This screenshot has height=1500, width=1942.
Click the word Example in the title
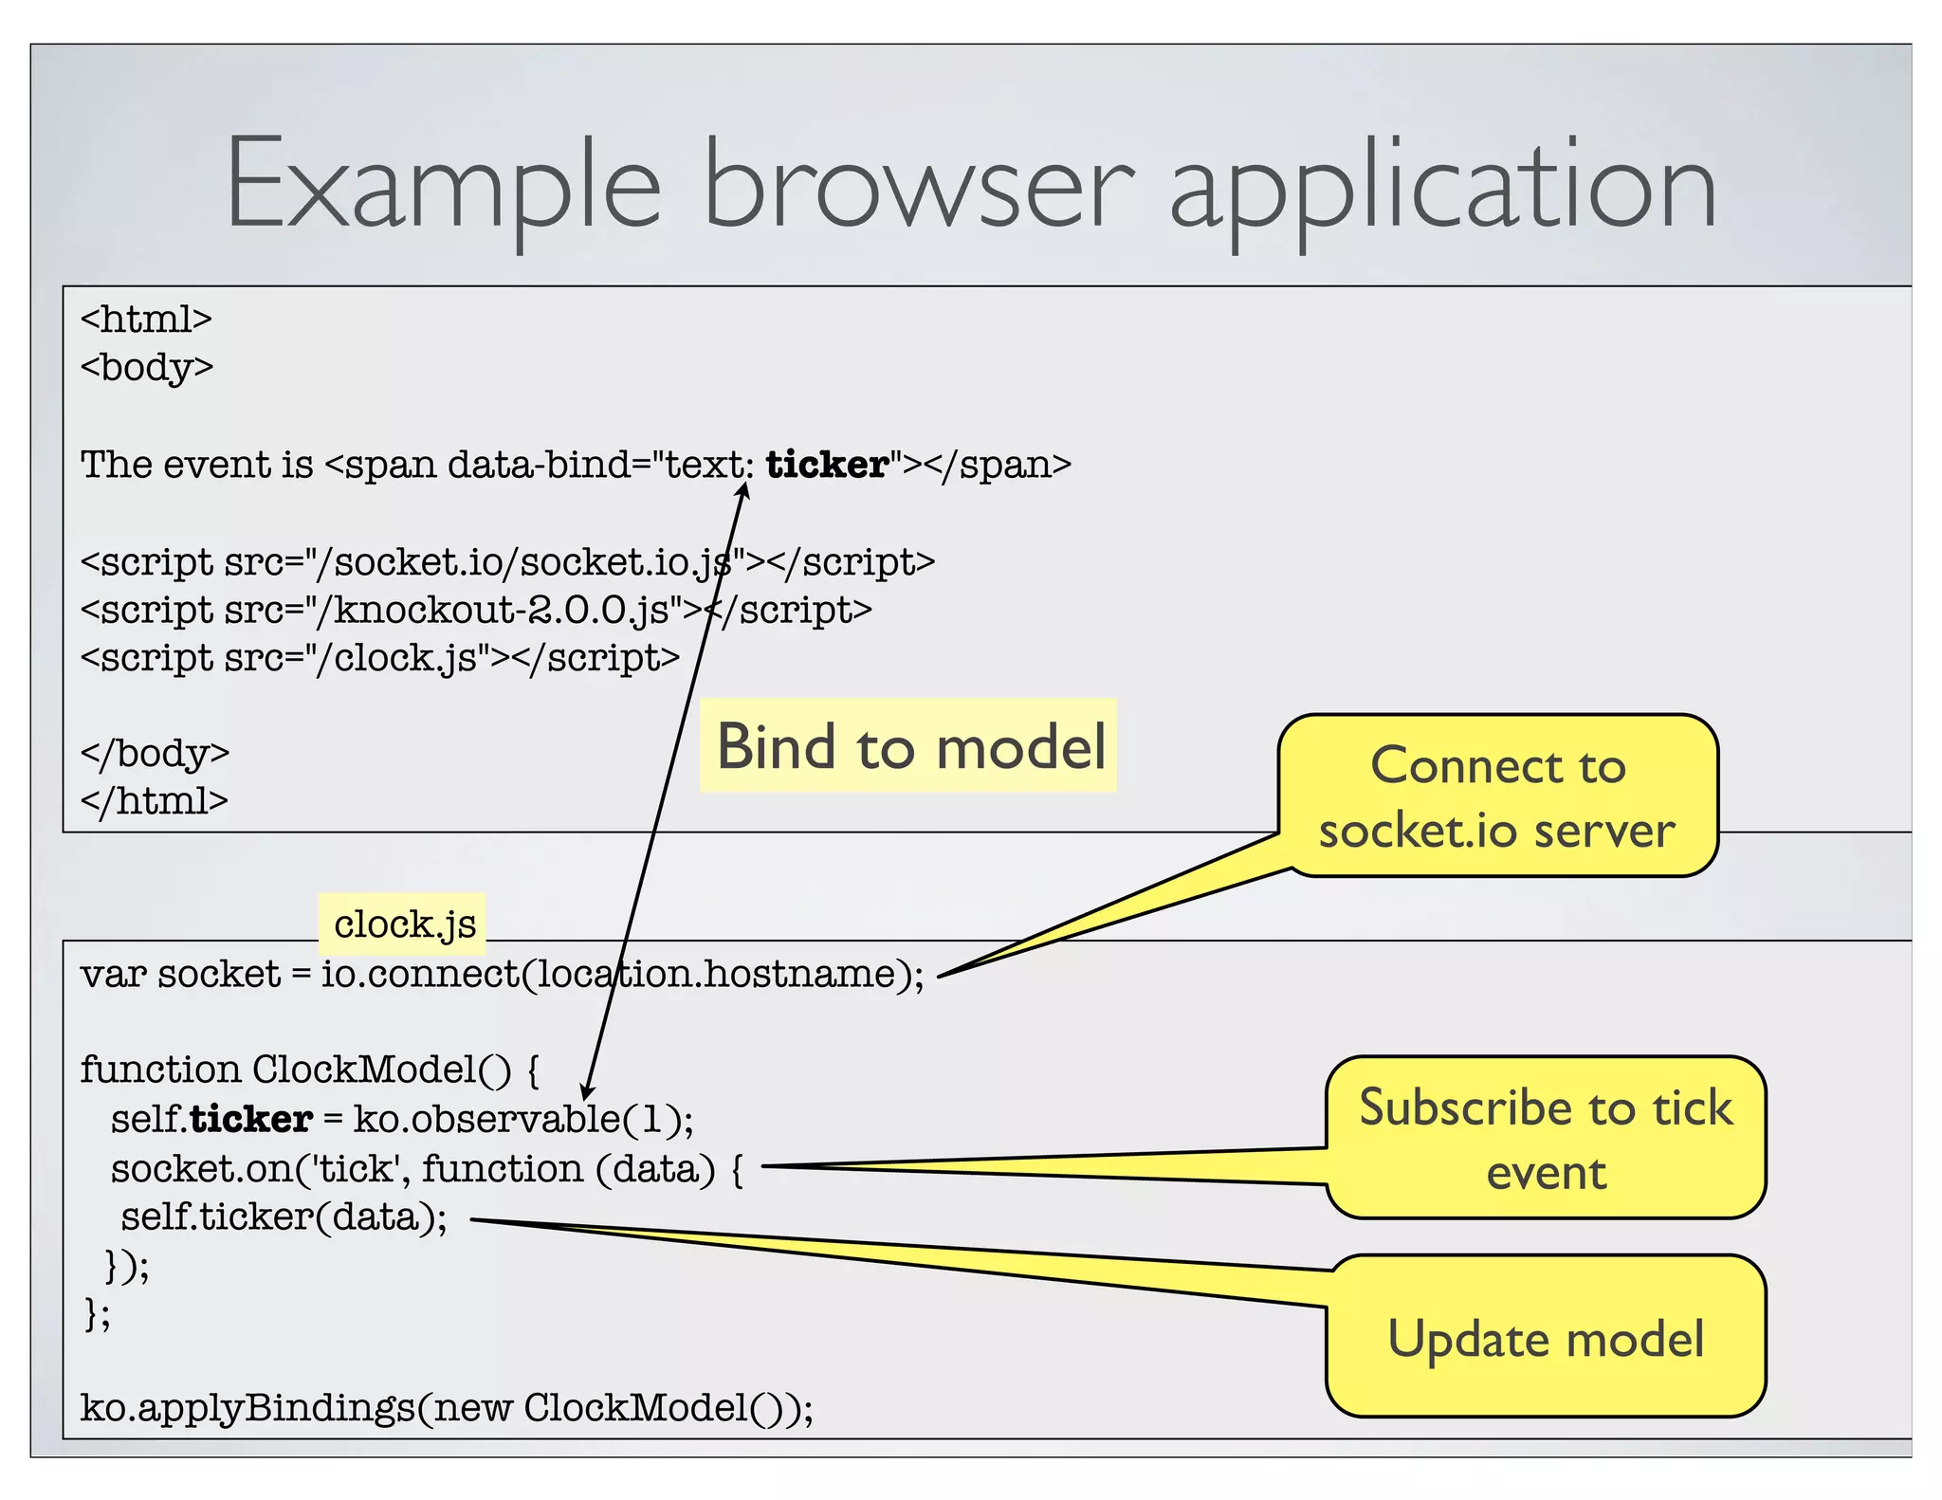[442, 185]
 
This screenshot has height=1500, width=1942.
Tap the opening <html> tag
[146, 320]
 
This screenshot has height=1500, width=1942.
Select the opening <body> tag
[147, 367]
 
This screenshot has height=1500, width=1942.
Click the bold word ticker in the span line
[827, 465]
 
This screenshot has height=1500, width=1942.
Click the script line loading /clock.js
[380, 657]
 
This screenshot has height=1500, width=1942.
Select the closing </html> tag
[155, 801]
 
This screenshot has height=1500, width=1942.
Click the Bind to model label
[908, 746]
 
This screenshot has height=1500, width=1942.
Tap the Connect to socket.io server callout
[1497, 796]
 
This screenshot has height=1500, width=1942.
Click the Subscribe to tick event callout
[1545, 1138]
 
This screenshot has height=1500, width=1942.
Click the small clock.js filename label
[404, 924]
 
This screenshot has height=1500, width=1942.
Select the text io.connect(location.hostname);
[621, 975]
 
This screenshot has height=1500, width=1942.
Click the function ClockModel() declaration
[309, 1070]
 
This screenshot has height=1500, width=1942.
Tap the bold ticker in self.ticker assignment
[251, 1120]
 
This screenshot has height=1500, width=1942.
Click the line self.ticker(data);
[284, 1216]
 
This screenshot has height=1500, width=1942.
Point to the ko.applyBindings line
[446, 1408]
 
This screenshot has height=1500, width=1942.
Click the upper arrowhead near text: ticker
[744, 489]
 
